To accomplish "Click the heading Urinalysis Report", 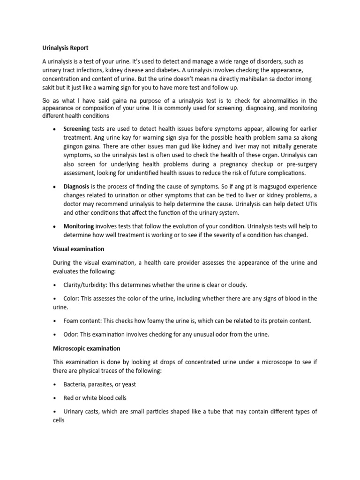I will point(65,48).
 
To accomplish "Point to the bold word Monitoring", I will point(79,226).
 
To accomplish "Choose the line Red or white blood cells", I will point(95,398).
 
